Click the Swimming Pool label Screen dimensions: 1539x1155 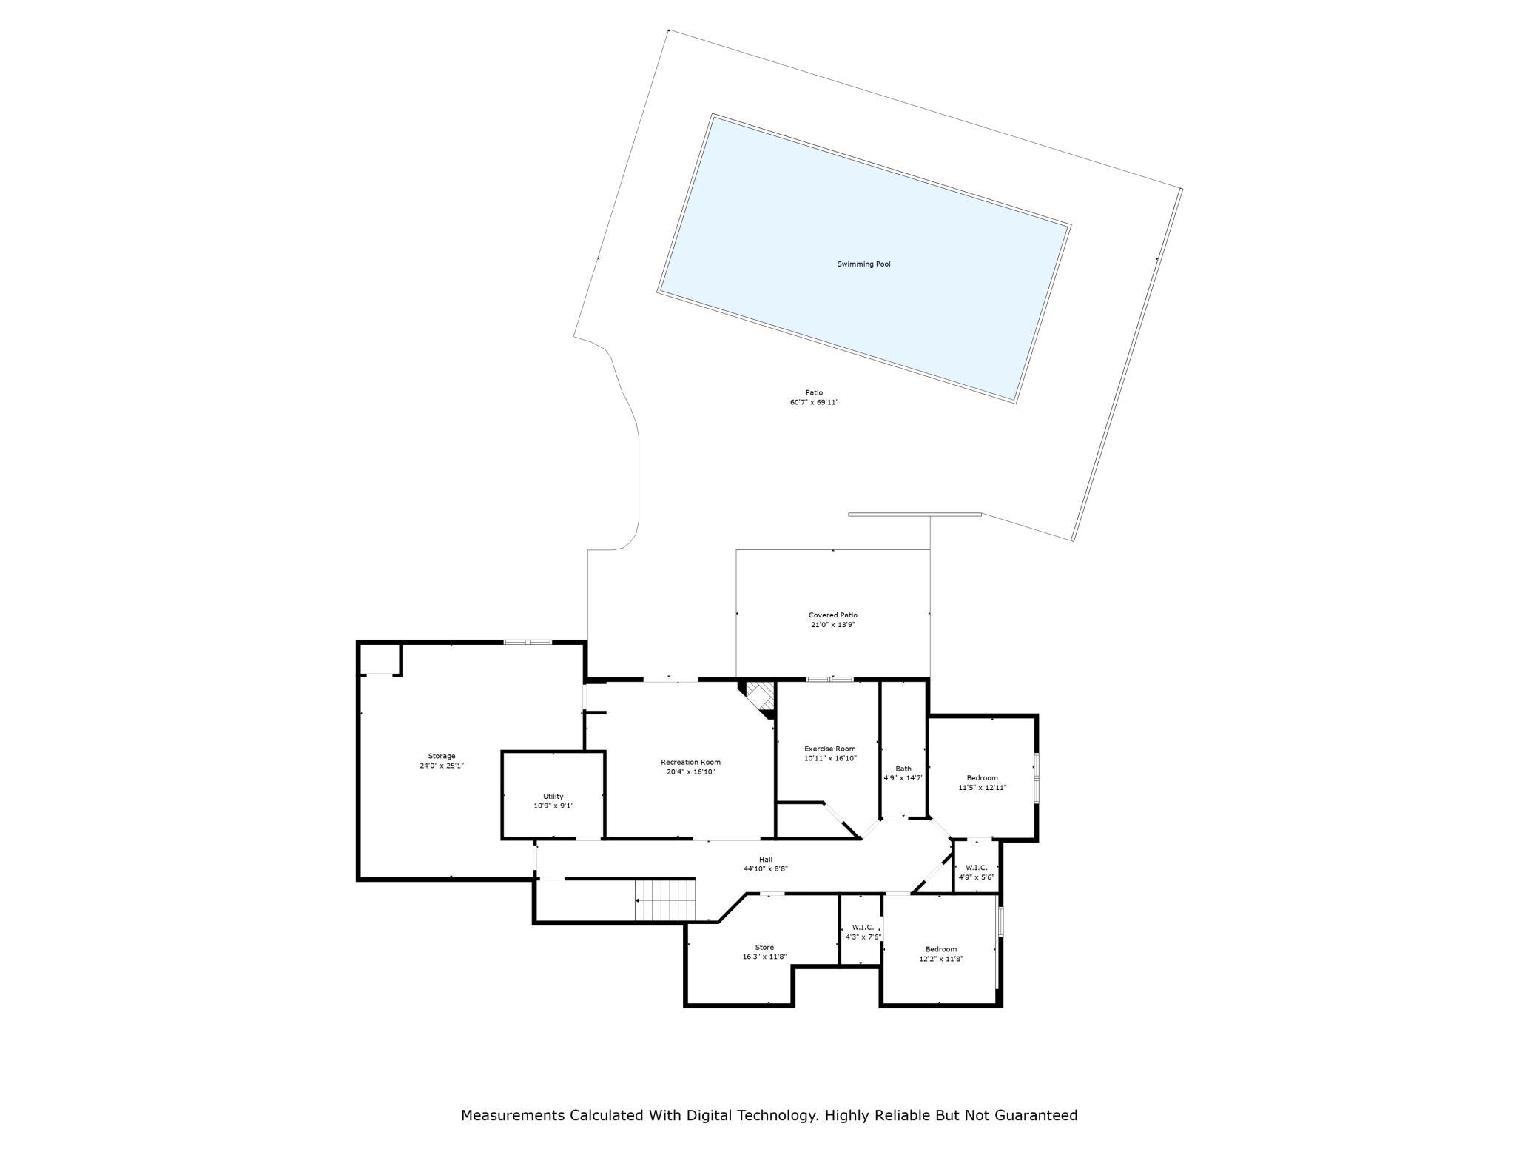coord(863,264)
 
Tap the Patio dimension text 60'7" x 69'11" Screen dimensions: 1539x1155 coord(814,402)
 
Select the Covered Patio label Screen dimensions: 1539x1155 coord(832,615)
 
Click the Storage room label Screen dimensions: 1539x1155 coord(442,756)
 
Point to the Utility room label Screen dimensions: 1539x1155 coord(553,797)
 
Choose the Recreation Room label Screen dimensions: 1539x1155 coord(690,762)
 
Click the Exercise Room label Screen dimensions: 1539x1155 coord(830,749)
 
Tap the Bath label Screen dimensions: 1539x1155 coord(903,769)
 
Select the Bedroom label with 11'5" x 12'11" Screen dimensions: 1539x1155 coord(983,777)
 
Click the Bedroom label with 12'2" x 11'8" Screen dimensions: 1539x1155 coord(941,949)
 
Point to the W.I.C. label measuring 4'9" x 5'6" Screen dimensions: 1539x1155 coord(977,868)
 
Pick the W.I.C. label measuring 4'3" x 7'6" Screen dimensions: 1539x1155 coord(863,928)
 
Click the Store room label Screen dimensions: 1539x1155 coord(764,948)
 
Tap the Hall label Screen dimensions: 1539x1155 coord(766,860)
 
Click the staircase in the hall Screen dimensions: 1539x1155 coord(666,900)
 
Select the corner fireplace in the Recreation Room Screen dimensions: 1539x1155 coord(758,698)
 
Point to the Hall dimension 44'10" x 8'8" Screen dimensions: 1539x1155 coord(766,869)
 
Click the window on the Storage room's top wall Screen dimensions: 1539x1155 coord(528,642)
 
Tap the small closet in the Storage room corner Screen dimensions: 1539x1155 coord(380,660)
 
